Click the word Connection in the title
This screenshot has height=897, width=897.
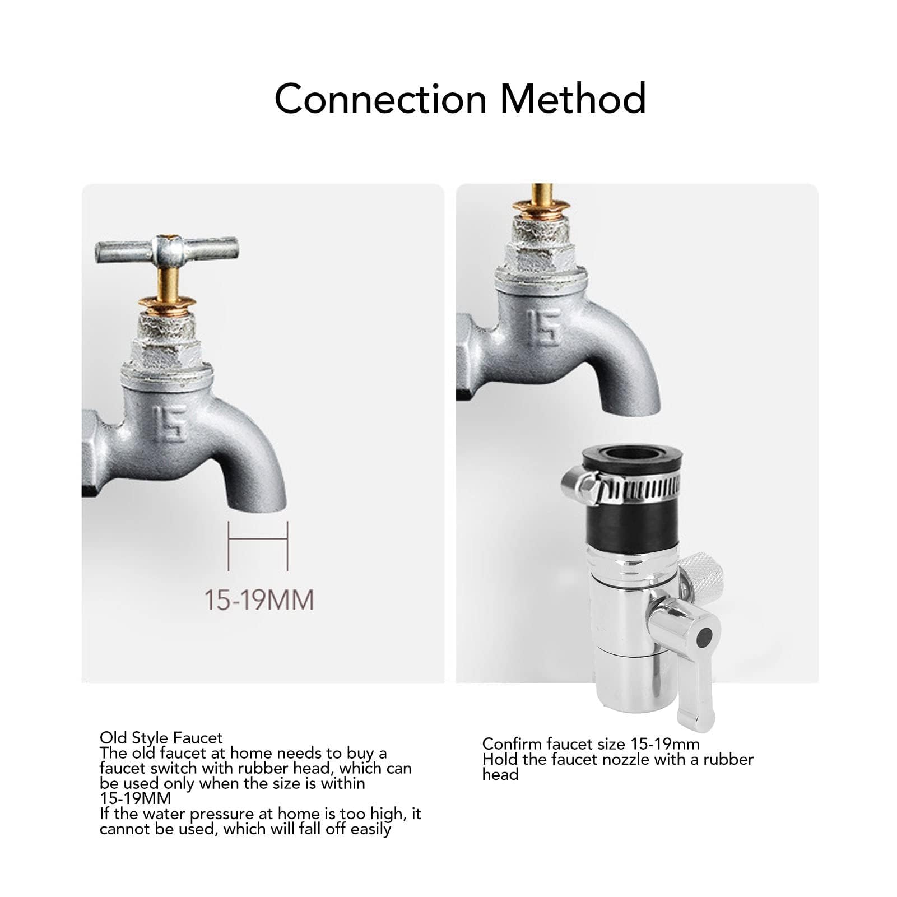[380, 99]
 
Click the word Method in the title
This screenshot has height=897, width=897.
[573, 99]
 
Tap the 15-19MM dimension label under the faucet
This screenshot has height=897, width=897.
[258, 600]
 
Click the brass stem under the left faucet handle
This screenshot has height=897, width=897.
[168, 283]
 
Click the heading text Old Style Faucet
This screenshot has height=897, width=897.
[161, 737]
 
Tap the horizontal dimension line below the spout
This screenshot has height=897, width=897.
[258, 540]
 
